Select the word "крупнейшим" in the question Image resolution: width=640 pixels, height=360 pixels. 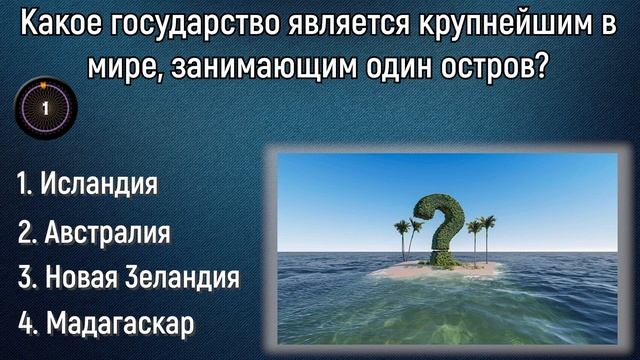476,23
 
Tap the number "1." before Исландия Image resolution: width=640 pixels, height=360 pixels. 27,185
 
